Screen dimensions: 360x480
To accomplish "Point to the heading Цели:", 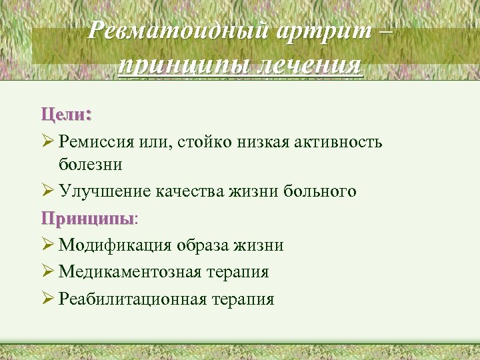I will click(x=66, y=114).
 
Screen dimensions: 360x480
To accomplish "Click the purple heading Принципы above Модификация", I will click(x=86, y=218).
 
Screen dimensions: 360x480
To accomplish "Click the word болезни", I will click(x=90, y=163).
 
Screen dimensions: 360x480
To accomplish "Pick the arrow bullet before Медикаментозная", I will click(x=47, y=271).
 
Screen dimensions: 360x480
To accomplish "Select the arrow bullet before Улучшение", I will click(x=47, y=191).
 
